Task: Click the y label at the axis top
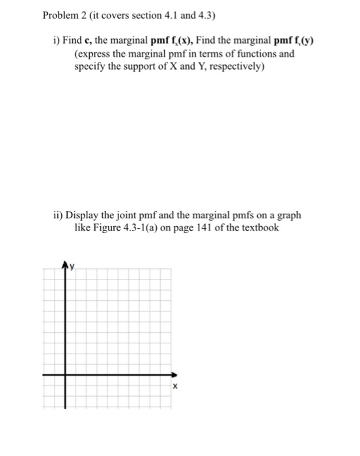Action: point(73,266)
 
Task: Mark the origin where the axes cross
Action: point(64,375)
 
